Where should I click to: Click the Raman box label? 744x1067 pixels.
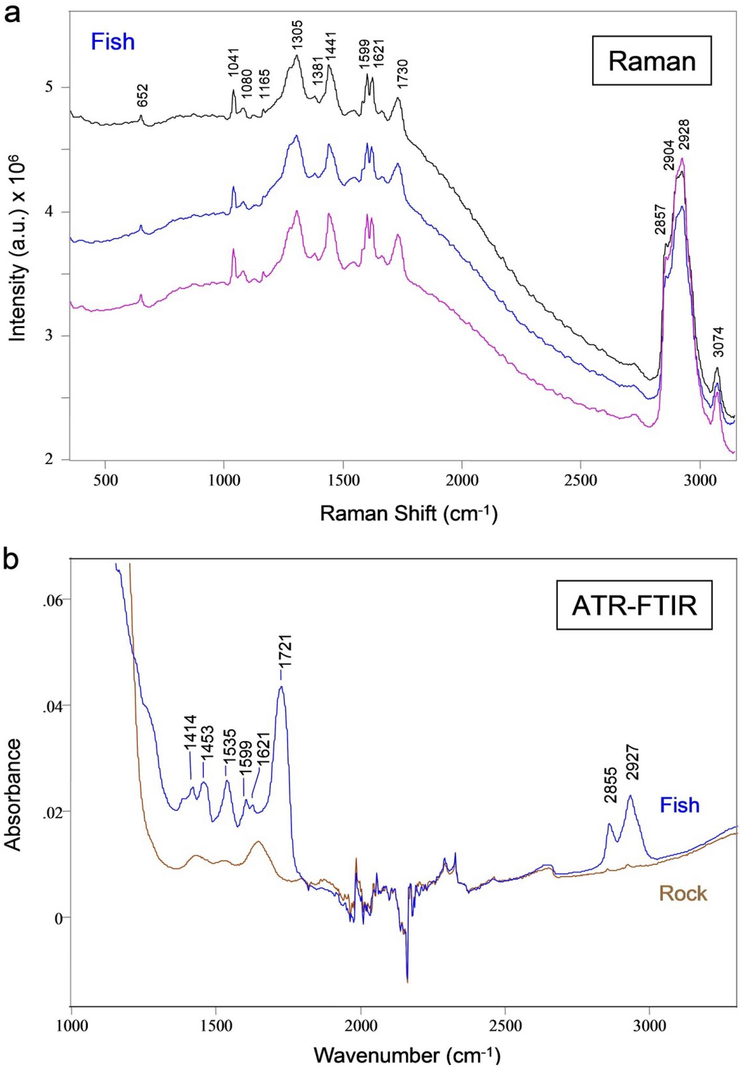pyautogui.click(x=652, y=61)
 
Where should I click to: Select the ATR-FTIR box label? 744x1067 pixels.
pyautogui.click(x=634, y=605)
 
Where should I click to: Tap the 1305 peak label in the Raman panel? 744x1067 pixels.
pyautogui.click(x=297, y=36)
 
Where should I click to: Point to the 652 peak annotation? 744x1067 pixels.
pyautogui.click(x=142, y=96)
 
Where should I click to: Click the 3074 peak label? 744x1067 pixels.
pyautogui.click(x=718, y=342)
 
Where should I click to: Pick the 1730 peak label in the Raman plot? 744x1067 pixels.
pyautogui.click(x=403, y=75)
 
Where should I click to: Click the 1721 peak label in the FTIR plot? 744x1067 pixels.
pyautogui.click(x=285, y=651)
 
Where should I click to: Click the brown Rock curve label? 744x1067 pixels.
pyautogui.click(x=683, y=893)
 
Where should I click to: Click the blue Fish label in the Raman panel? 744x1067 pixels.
pyautogui.click(x=113, y=42)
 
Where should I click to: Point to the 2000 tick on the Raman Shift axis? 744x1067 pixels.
pyautogui.click(x=462, y=480)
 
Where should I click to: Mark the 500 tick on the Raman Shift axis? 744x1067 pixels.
pyautogui.click(x=106, y=480)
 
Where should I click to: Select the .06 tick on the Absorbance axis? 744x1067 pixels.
pyautogui.click(x=52, y=601)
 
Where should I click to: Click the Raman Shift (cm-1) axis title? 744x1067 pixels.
pyautogui.click(x=408, y=513)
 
